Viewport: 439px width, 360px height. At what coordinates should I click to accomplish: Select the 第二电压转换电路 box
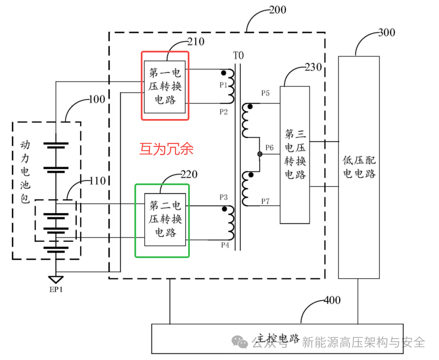(x=166, y=220)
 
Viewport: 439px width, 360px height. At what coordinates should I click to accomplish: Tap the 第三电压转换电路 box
(x=294, y=155)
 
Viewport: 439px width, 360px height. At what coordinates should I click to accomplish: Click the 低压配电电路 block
(x=359, y=167)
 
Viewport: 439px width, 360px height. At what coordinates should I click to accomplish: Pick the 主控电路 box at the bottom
(x=277, y=339)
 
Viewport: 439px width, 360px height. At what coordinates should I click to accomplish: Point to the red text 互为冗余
(x=166, y=148)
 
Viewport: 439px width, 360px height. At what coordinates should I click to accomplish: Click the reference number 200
(x=278, y=10)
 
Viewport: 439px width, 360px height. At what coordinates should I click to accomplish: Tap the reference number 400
(x=332, y=300)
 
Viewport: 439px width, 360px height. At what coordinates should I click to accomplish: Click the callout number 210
(x=196, y=42)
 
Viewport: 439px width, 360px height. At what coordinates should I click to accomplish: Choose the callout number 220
(x=189, y=174)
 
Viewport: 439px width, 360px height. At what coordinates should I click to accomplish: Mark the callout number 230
(x=314, y=68)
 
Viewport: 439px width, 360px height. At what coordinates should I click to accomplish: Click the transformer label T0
(x=238, y=55)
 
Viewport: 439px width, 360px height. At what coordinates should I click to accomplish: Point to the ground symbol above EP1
(x=56, y=279)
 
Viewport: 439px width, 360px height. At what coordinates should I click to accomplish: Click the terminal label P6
(x=269, y=148)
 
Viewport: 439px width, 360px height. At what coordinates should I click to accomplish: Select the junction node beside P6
(x=259, y=154)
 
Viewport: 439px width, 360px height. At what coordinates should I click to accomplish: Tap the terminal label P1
(x=224, y=85)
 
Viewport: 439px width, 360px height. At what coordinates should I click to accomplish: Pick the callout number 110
(x=98, y=181)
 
